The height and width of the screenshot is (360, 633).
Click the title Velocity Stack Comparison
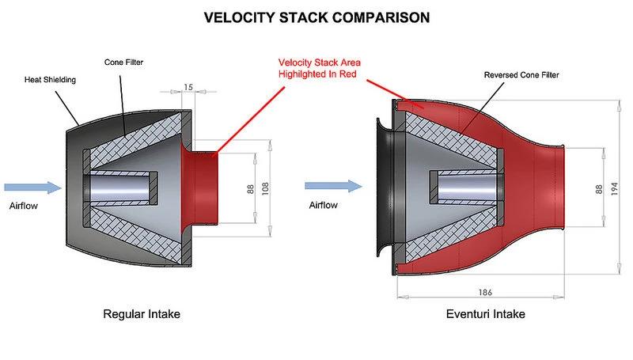tap(316, 17)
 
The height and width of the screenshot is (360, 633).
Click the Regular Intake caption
tap(142, 314)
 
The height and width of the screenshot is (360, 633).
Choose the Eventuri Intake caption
tap(485, 314)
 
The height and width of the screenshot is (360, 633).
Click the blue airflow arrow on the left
tap(32, 188)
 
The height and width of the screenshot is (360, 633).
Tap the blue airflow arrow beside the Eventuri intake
tap(333, 188)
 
